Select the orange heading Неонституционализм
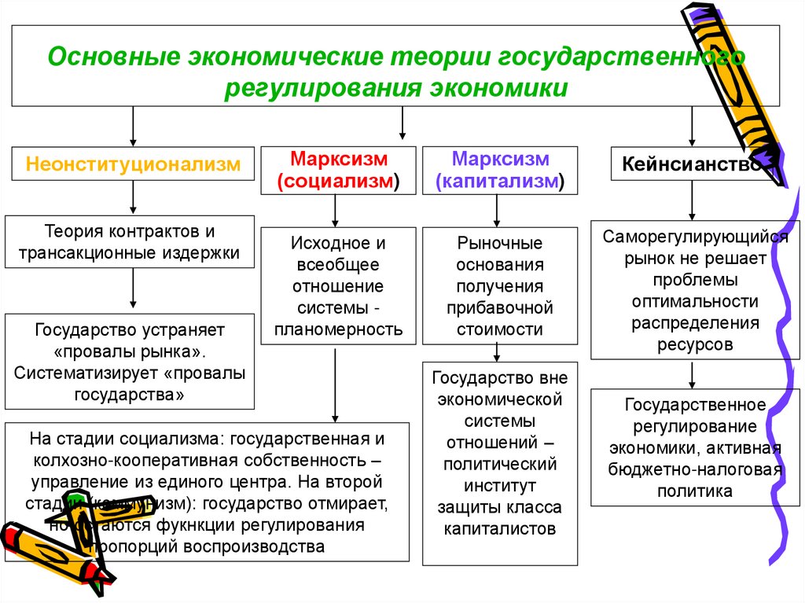pyautogui.click(x=132, y=165)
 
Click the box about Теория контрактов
pyautogui.click(x=130, y=243)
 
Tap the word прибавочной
pyautogui.click(x=500, y=308)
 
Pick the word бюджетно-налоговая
pyautogui.click(x=694, y=470)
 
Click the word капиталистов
pyautogui.click(x=500, y=529)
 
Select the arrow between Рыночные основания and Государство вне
pyautogui.click(x=496, y=352)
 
